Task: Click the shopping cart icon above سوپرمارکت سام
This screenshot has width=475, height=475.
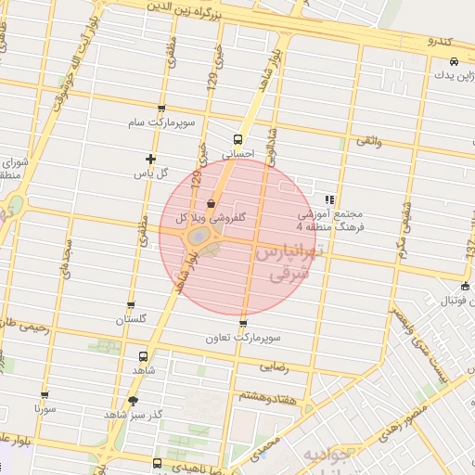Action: (x=162, y=109)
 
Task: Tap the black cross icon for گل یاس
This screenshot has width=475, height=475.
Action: (x=151, y=159)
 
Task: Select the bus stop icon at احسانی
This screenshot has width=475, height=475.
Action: (x=237, y=140)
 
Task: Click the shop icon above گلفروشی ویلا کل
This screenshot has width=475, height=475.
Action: (x=211, y=203)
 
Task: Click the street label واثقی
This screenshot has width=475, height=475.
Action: (x=367, y=141)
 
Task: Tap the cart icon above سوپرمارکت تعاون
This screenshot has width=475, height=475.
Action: (x=243, y=324)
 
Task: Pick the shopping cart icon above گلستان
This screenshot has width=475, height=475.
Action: (x=131, y=304)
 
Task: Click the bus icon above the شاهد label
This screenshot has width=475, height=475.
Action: (x=143, y=355)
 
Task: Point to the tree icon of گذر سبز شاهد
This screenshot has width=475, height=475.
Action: (x=133, y=401)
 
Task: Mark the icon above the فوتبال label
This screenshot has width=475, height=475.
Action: (x=465, y=286)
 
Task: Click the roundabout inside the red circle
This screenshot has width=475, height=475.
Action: (x=202, y=239)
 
